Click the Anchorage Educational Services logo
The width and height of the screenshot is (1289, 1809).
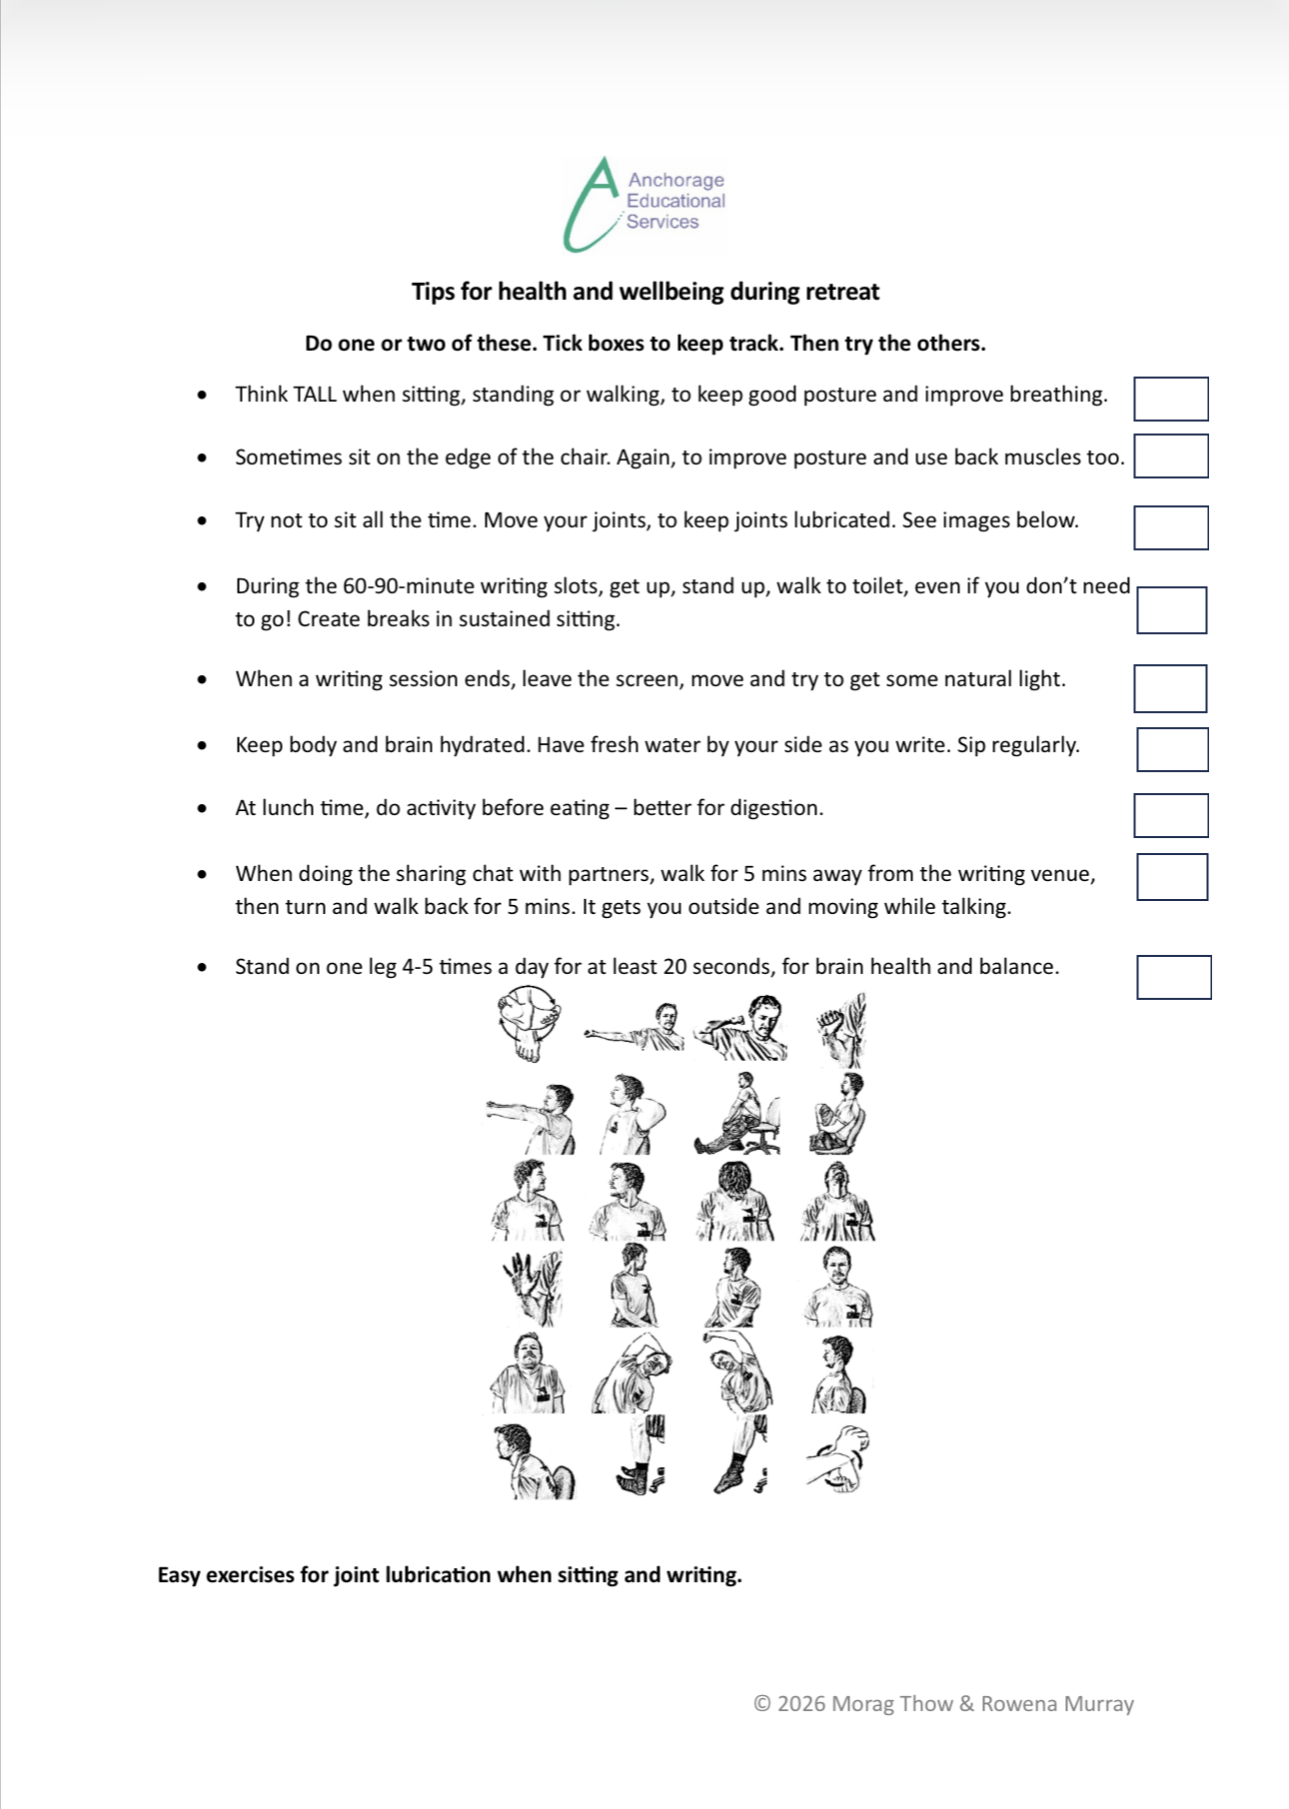pyautogui.click(x=644, y=203)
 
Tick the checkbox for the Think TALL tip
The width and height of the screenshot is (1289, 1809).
pyautogui.click(x=1170, y=399)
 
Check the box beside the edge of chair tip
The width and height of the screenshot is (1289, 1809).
pyautogui.click(x=1170, y=455)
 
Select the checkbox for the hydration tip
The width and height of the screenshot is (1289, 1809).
pyautogui.click(x=1171, y=749)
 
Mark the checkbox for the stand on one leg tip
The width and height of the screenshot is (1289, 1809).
pyautogui.click(x=1173, y=977)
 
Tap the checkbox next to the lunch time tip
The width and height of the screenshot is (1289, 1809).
pyautogui.click(x=1170, y=815)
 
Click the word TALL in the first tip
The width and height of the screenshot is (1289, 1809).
pyautogui.click(x=315, y=395)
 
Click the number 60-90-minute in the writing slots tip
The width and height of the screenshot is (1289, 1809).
pyautogui.click(x=409, y=586)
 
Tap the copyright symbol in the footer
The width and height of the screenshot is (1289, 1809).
pyautogui.click(x=762, y=1704)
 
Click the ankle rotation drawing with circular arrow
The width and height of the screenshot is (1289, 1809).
pyautogui.click(x=528, y=1025)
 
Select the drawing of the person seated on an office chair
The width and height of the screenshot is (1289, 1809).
pyautogui.click(x=737, y=1115)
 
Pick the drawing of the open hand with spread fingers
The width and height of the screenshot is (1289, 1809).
pyautogui.click(x=528, y=1287)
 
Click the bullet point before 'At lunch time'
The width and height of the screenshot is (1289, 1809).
pyautogui.click(x=203, y=808)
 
